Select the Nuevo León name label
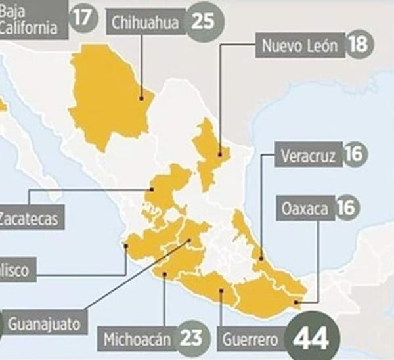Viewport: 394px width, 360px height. pos(299,45)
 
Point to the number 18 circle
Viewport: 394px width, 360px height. pos(358,45)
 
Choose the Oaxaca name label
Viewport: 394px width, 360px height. pos(304,209)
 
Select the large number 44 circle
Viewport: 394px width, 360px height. pos(312,339)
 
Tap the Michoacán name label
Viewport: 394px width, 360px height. pos(137,340)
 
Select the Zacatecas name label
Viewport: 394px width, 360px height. pos(30,217)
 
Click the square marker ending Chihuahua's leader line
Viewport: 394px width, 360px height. pos(142,99)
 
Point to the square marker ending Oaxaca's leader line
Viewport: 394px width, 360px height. pos(297,302)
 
